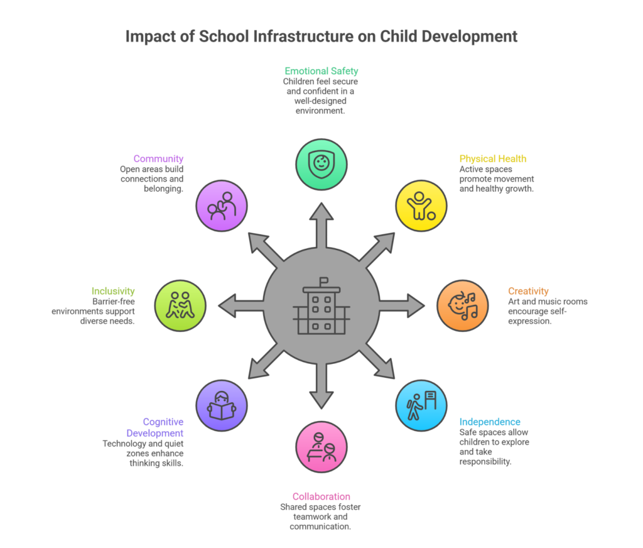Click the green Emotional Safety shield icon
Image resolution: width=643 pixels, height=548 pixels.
321,165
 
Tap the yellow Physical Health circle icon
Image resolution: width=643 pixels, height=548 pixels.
421,205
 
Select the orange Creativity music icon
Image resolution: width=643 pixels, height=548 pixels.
463,306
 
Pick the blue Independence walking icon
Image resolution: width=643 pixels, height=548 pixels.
421,405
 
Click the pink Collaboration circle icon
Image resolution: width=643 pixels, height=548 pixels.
321,447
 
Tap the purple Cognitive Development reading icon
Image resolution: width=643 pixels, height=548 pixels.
222,405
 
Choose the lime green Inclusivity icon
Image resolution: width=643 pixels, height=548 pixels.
180,306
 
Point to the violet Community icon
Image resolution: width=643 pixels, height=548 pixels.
222,205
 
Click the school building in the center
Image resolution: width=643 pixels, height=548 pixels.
321,306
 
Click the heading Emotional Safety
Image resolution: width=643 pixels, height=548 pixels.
321,71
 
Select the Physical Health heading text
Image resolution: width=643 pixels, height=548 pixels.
493,159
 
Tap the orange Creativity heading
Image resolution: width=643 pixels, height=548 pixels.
528,291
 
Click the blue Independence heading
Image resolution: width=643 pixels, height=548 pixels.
490,422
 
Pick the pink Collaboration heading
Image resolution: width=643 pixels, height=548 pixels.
321,496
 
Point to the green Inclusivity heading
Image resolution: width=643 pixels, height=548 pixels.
113,291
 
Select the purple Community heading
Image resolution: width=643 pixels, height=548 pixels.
158,159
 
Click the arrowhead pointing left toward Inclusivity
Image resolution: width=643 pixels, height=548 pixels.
227,306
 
